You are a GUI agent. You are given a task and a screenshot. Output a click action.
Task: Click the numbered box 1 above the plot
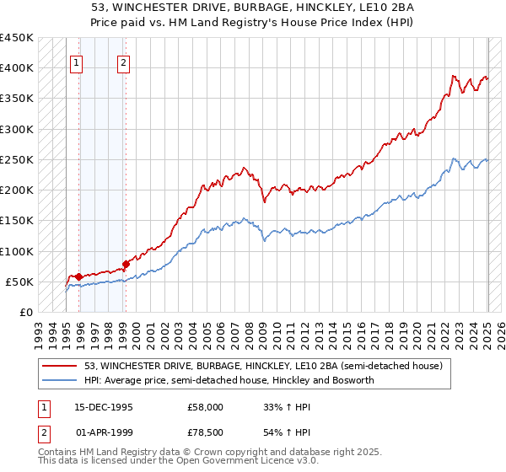click(x=77, y=62)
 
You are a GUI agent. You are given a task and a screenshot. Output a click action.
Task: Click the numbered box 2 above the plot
click(x=123, y=62)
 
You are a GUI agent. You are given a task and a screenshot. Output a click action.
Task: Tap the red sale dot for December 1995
click(x=78, y=276)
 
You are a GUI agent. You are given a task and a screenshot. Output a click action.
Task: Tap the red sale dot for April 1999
click(x=126, y=264)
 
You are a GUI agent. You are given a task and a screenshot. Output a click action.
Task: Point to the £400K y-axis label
click(x=17, y=68)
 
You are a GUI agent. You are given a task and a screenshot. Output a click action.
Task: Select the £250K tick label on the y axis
click(x=17, y=159)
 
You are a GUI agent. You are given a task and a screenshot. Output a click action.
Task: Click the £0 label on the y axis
click(x=25, y=312)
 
